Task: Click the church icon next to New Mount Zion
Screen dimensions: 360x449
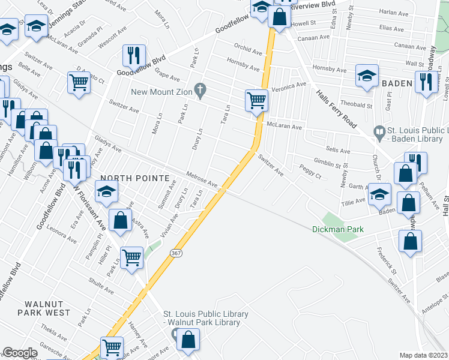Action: click(202, 92)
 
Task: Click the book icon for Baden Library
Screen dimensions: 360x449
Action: click(379, 130)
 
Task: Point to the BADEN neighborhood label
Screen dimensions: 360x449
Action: click(396, 83)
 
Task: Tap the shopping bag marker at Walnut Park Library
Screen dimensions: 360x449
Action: click(188, 339)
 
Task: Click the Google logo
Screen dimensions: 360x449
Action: click(20, 353)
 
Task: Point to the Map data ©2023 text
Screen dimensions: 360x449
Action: click(423, 355)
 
